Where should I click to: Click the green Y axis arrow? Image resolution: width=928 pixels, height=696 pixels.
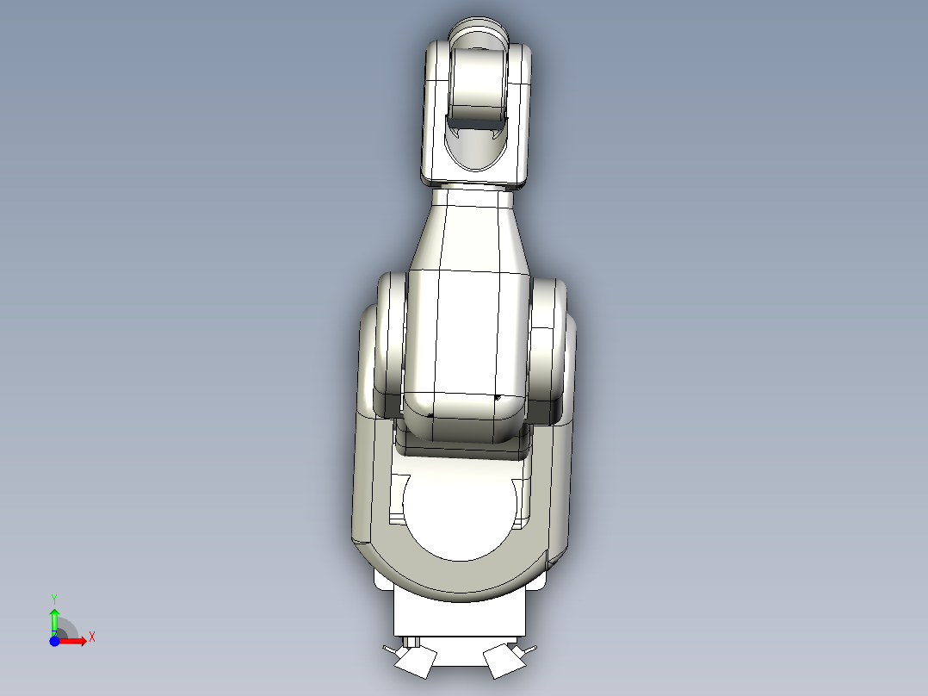click(54, 618)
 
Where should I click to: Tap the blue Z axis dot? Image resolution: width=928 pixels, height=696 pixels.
click(54, 642)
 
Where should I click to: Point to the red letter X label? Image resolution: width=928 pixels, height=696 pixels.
click(92, 637)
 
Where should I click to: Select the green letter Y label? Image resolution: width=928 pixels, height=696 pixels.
click(54, 598)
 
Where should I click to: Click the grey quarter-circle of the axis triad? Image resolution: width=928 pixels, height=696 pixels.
click(65, 630)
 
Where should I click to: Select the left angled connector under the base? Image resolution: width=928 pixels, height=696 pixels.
click(415, 661)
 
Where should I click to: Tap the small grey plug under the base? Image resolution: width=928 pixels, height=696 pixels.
click(413, 642)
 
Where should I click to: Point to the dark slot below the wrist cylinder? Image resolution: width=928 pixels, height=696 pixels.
click(479, 133)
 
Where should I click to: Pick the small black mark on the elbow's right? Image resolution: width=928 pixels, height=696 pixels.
click(498, 398)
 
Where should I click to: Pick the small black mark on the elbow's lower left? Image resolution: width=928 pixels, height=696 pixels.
click(430, 415)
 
